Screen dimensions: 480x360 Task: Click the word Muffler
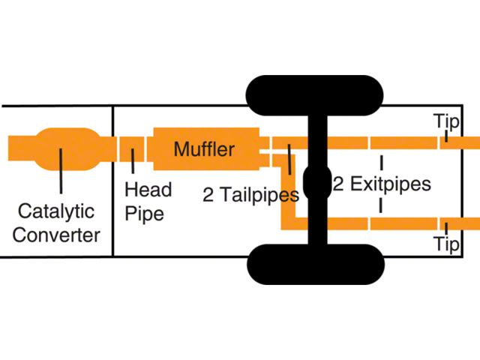(204, 149)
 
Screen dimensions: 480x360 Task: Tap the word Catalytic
(56, 211)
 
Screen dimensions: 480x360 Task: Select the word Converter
(56, 235)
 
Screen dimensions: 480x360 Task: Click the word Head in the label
(148, 190)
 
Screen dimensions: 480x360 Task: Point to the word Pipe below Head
(145, 213)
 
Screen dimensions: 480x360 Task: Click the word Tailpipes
(259, 195)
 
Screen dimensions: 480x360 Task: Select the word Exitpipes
(391, 184)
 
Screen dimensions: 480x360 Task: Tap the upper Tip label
(448, 121)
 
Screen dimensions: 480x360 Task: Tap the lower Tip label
(447, 244)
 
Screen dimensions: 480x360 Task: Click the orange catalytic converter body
(68, 149)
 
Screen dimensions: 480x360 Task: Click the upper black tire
(314, 95)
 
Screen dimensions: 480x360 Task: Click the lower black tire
(315, 265)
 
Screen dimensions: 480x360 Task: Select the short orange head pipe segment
(132, 148)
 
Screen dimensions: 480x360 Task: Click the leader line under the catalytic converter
(61, 171)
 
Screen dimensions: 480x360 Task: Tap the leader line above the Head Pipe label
(133, 161)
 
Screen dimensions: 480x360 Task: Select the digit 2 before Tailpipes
(208, 195)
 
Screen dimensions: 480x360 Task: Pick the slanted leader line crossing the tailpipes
(289, 160)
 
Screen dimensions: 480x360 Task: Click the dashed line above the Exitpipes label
(382, 163)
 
